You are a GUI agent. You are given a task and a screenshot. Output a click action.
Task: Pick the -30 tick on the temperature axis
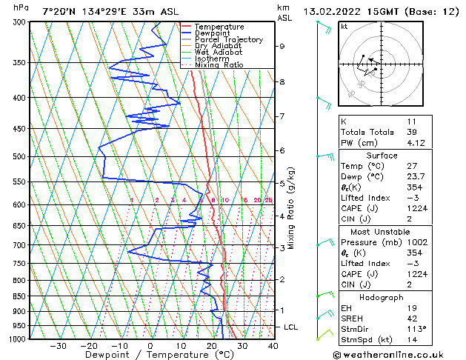(x=58, y=345)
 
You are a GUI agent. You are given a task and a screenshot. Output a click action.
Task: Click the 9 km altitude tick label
(x=282, y=46)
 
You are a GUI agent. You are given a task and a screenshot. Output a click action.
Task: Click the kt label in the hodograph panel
(x=344, y=26)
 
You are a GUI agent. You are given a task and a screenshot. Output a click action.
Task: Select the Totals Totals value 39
(x=393, y=132)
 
